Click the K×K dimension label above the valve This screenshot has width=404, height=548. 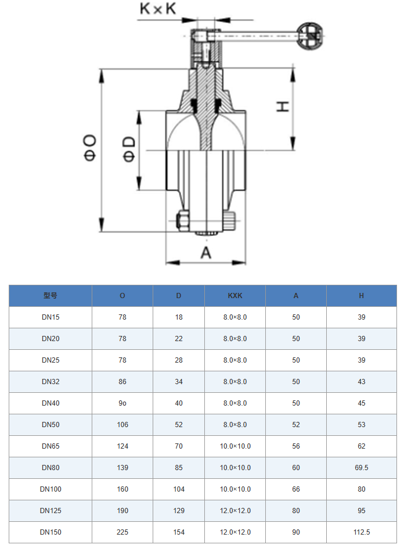[158, 9]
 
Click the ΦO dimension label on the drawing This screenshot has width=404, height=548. [90, 148]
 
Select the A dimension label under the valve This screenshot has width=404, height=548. [206, 253]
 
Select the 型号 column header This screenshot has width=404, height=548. [50, 296]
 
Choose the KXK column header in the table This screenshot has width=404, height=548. [235, 296]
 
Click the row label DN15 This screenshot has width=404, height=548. [50, 317]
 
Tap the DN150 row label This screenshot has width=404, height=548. [50, 532]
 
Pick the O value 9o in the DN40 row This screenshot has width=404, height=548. [122, 403]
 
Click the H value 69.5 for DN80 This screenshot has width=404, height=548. [362, 468]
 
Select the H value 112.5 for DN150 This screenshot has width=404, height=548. [362, 532]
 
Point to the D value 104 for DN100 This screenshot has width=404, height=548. [179, 489]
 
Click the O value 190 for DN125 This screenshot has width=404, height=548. [122, 511]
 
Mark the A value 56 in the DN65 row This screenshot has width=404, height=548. [296, 446]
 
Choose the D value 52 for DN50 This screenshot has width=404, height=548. [179, 425]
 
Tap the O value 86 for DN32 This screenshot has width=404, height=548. [122, 382]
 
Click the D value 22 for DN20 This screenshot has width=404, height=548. [179, 339]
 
